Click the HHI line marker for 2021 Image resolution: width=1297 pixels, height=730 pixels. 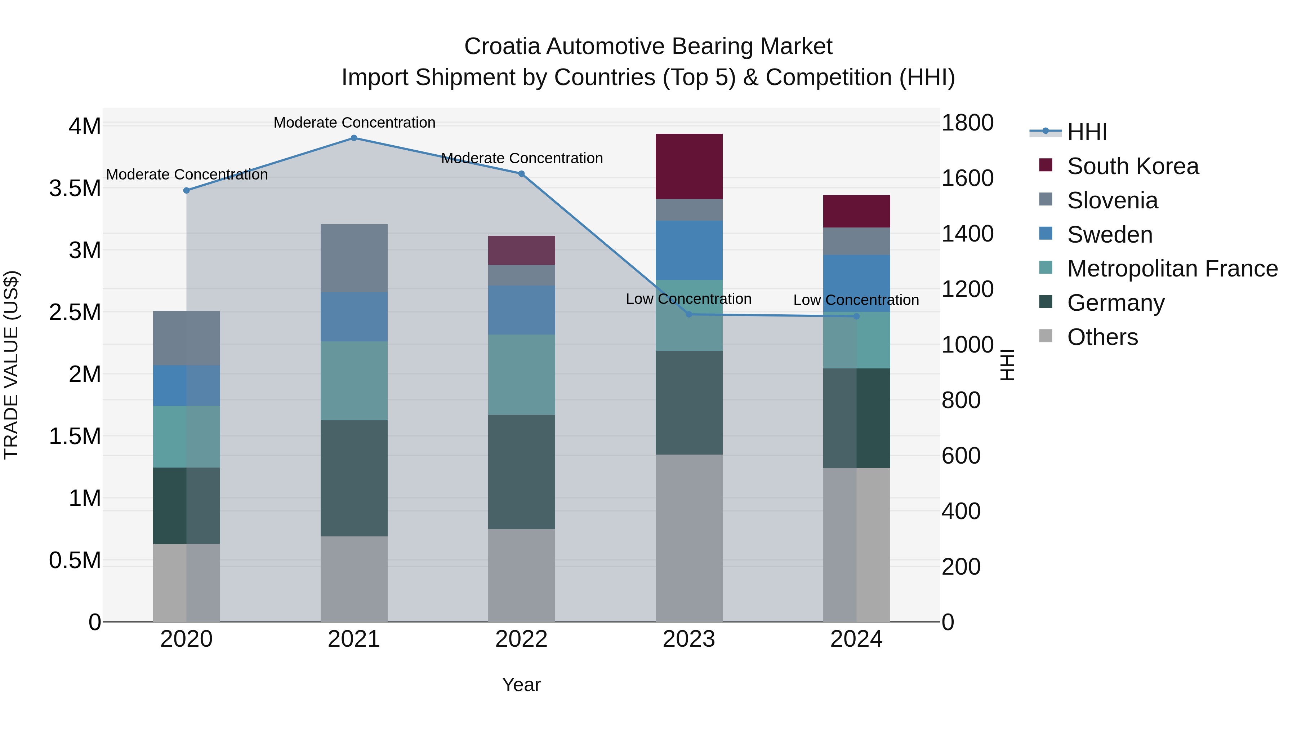tap(353, 138)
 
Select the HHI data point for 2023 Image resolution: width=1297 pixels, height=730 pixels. tap(689, 314)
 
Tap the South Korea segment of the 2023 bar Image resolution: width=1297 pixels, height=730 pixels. tap(689, 166)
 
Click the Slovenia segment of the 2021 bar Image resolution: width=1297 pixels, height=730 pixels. tap(353, 258)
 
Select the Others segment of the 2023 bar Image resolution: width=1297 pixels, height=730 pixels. tap(689, 538)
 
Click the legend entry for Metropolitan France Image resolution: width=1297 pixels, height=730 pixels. tap(1172, 269)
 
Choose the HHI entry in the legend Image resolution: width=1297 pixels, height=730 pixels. tap(1087, 132)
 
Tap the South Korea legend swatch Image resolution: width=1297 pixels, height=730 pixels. tap(1046, 165)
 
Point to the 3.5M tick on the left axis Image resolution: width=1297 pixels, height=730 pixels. tap(75, 189)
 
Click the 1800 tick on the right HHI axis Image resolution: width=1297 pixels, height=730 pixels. tap(967, 123)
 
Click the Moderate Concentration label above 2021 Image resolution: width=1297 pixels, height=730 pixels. tap(354, 123)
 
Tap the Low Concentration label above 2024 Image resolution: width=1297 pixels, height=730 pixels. tap(856, 300)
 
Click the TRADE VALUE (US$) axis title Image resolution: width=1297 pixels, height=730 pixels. tap(11, 365)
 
